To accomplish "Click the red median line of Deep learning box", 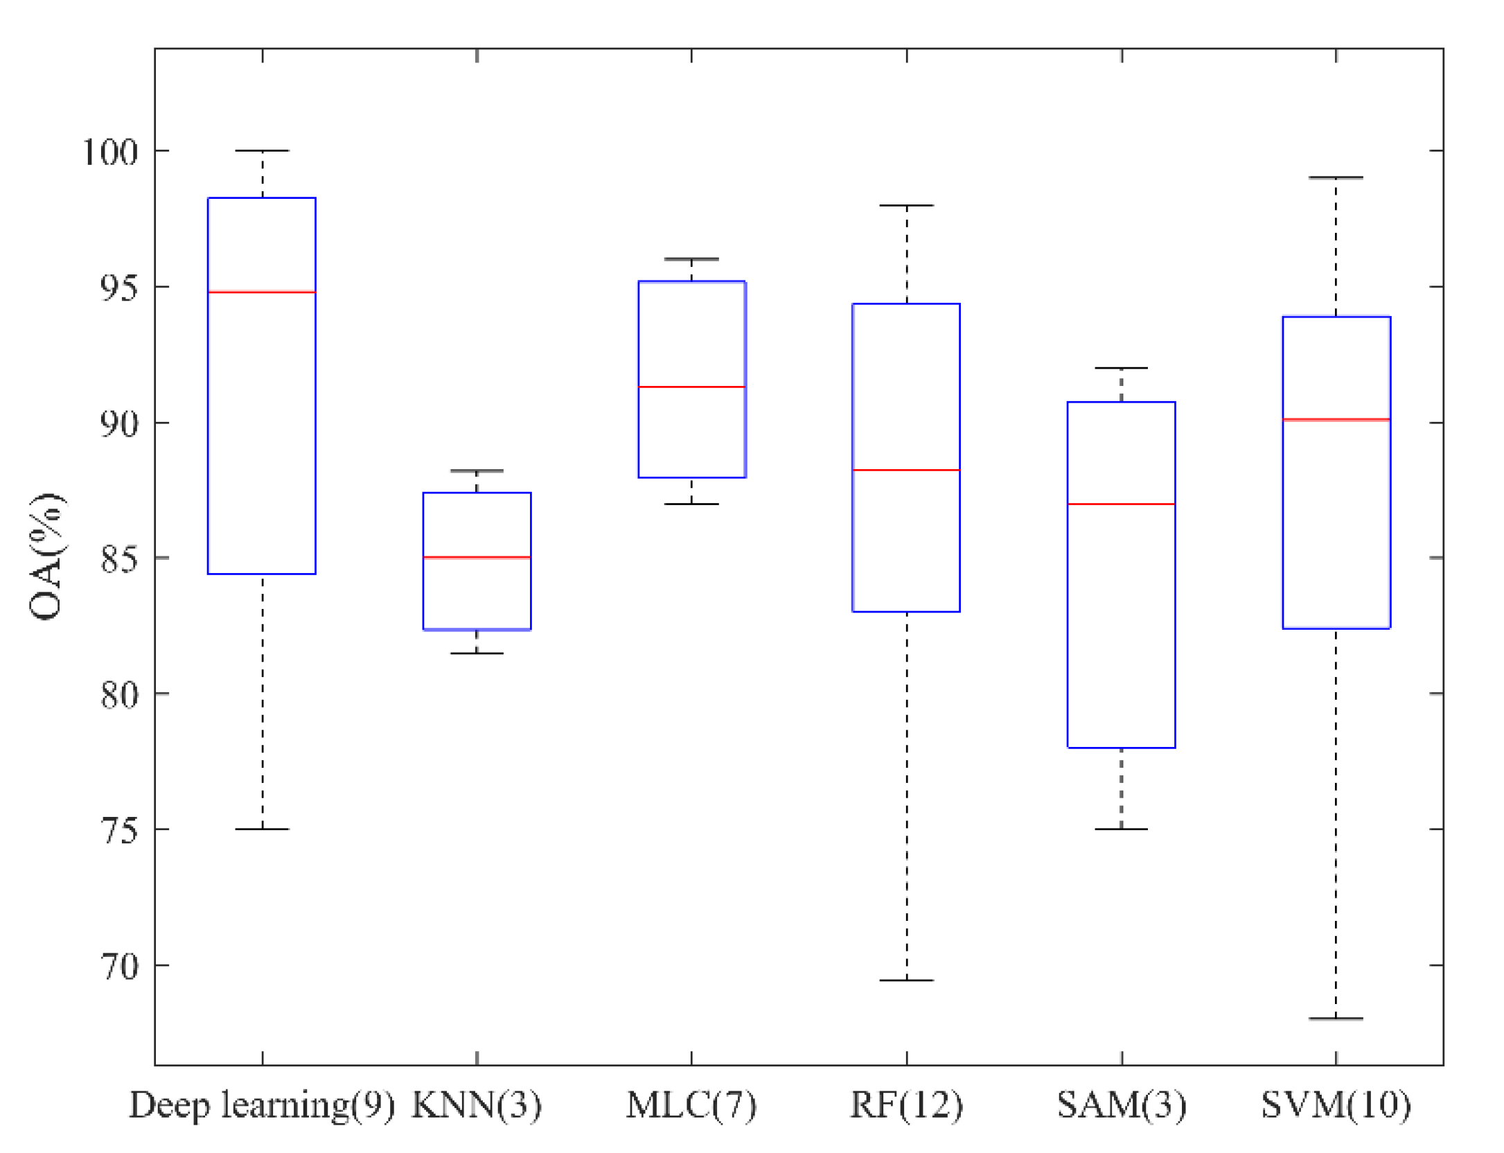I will [262, 292].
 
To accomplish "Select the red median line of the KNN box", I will [477, 557].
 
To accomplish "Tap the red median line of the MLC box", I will [691, 387].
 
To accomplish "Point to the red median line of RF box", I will [906, 470].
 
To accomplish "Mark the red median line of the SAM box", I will [1121, 504].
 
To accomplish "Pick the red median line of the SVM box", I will [1336, 419].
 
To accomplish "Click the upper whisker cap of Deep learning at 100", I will [262, 150].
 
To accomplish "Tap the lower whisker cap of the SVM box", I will [1336, 1019].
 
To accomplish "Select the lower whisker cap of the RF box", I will [906, 980].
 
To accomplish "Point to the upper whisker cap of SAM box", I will [1121, 368].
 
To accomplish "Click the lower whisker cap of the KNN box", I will [477, 653].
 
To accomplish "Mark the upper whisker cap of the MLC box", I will [691, 259].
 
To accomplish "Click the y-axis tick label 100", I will [111, 152].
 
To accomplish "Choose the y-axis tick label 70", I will [119, 966].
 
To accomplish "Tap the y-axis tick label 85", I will [119, 558].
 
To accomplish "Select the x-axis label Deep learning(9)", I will [262, 1105].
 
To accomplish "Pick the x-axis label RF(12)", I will [906, 1105].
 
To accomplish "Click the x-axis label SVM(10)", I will [1336, 1105].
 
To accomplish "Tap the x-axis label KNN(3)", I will [477, 1105].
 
